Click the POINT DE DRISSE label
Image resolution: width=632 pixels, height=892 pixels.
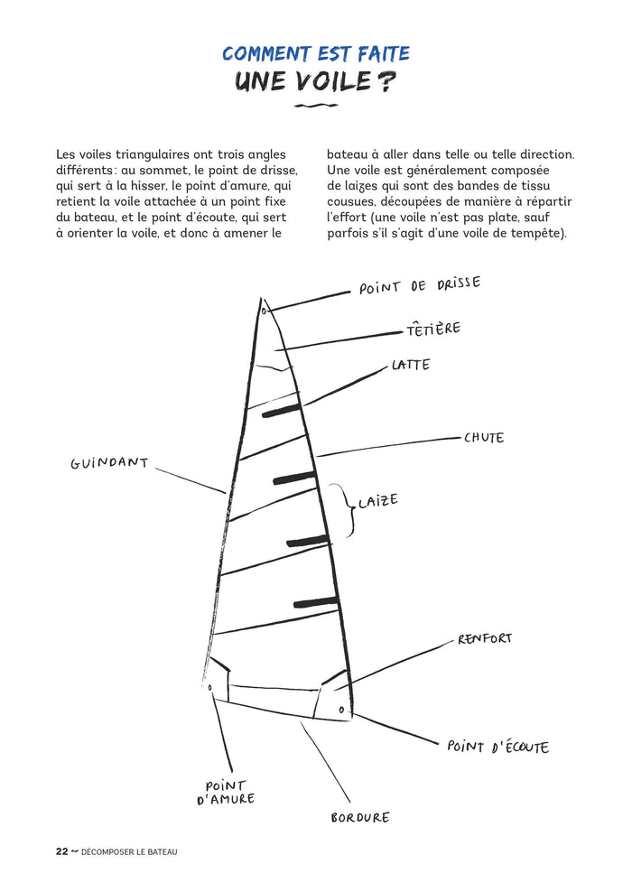click(420, 286)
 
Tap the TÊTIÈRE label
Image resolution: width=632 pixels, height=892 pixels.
click(432, 329)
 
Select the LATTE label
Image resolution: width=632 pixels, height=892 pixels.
click(411, 366)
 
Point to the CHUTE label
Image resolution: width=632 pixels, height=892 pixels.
click(484, 438)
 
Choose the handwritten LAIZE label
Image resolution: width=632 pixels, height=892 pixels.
click(377, 501)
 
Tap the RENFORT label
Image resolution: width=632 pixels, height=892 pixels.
click(485, 638)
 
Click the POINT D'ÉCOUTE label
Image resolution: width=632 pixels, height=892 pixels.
click(497, 747)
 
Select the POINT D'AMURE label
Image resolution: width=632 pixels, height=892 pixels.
click(226, 793)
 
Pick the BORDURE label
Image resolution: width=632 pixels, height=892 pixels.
click(360, 817)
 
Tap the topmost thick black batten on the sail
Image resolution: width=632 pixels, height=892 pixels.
click(281, 411)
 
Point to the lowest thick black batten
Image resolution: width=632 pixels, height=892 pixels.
click(316, 602)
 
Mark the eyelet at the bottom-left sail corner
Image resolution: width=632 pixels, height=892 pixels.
click(210, 687)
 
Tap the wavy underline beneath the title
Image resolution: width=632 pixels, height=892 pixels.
click(316, 107)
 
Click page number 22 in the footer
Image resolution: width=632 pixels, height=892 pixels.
click(61, 850)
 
